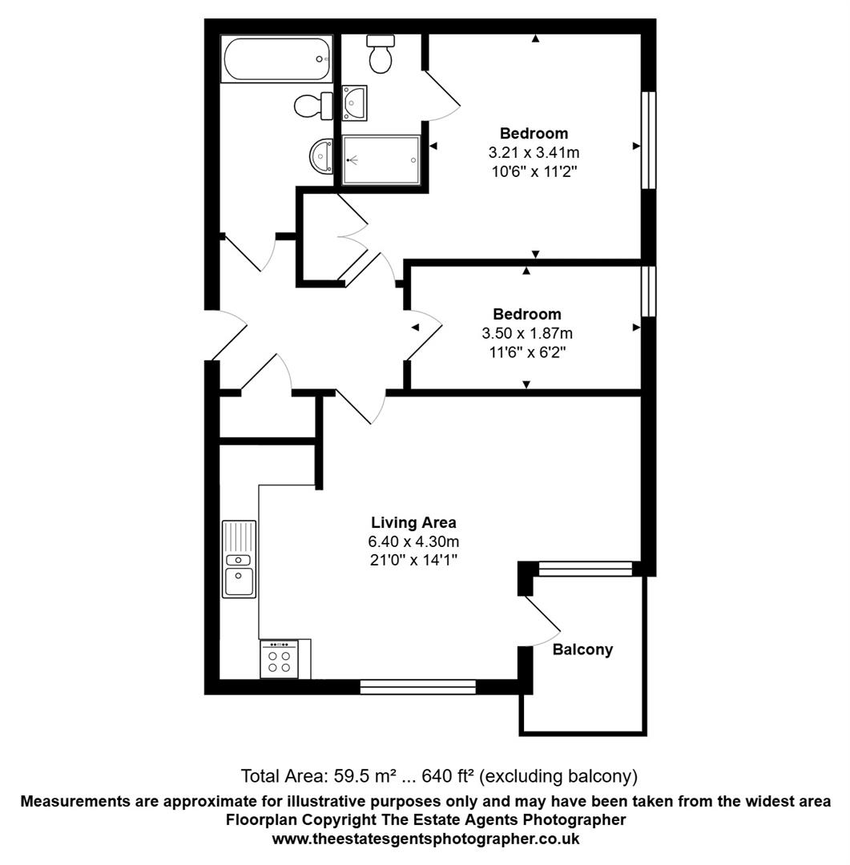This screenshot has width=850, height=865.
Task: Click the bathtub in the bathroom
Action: click(277, 58)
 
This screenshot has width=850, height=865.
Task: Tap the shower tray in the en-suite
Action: click(381, 160)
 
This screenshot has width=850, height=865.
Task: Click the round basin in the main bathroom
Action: click(322, 155)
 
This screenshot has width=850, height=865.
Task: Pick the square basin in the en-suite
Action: click(354, 103)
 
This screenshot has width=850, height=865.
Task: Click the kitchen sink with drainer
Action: click(240, 559)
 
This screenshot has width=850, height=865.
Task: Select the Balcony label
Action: click(582, 650)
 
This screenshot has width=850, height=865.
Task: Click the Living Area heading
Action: click(413, 523)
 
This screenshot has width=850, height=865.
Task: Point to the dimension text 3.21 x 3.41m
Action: click(534, 151)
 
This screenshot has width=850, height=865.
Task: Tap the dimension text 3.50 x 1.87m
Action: click(527, 332)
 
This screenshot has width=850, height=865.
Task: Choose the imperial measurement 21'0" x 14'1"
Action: click(413, 559)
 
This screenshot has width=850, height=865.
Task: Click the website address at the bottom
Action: click(425, 839)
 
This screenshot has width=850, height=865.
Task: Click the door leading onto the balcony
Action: click(542, 621)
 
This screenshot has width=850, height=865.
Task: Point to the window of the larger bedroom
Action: click(648, 140)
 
